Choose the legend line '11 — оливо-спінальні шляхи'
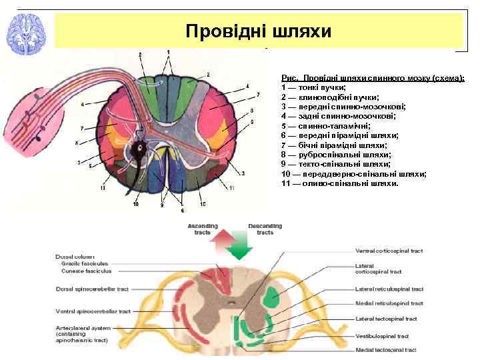pyautogui.click(x=340, y=183)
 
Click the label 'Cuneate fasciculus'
pyautogui.click(x=87, y=271)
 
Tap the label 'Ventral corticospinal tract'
pyautogui.click(x=389, y=251)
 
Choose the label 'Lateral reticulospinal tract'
pyautogui.click(x=389, y=289)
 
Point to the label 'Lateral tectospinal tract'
pyautogui.click(x=386, y=319)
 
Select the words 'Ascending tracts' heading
pyautogui.click(x=203, y=229)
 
